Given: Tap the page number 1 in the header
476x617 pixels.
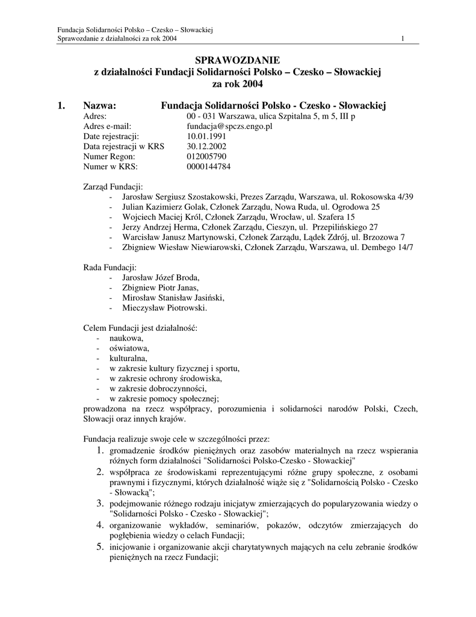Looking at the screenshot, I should coord(402,40).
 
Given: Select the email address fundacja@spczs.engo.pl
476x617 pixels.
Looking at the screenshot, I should coord(230,126).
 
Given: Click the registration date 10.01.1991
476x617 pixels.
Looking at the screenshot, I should coord(206,136).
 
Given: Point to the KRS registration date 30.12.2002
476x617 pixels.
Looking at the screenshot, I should coord(206,146).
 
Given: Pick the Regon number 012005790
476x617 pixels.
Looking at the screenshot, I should coord(206,157).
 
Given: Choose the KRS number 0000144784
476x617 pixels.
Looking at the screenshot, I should coord(208,167).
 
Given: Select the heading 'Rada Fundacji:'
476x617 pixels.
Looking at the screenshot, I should coord(109,267).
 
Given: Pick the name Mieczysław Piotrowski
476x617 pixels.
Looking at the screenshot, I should coord(164,308).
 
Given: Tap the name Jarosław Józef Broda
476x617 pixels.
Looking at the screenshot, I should coord(160,278).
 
